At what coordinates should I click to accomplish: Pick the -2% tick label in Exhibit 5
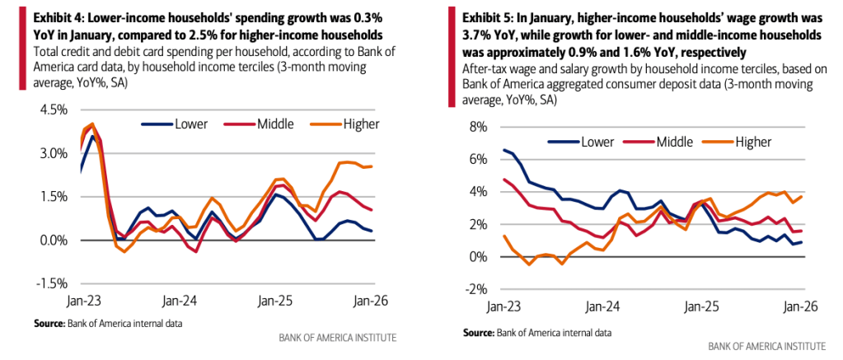[477, 290]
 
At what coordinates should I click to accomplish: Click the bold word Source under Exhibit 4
[50, 322]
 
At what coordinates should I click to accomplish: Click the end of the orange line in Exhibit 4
[372, 166]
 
